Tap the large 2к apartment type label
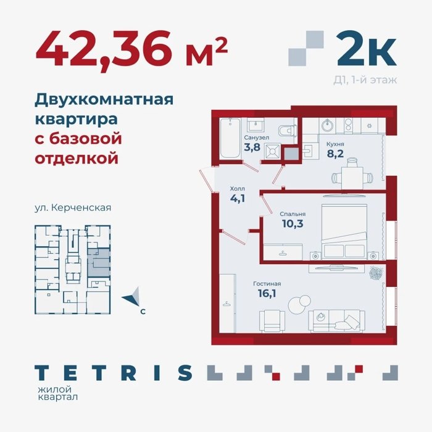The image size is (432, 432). pyautogui.click(x=367, y=48)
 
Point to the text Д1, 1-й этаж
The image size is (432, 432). pyautogui.click(x=365, y=80)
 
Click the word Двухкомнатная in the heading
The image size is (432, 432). pyautogui.click(x=104, y=100)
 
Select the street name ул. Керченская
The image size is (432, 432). pyautogui.click(x=73, y=207)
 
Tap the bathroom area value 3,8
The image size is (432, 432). pyautogui.click(x=252, y=147)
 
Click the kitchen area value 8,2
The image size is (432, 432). pyautogui.click(x=335, y=154)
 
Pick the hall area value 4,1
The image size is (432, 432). pyautogui.click(x=238, y=198)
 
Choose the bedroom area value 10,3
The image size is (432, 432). pyautogui.click(x=293, y=223)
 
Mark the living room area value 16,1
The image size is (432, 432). pyautogui.click(x=267, y=293)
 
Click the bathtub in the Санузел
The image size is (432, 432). pyautogui.click(x=231, y=138)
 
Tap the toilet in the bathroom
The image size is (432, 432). pyautogui.click(x=287, y=131)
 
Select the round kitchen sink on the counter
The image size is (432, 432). pyautogui.click(x=328, y=126)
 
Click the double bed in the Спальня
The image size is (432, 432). pyautogui.click(x=344, y=231)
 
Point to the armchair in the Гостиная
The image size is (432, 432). pyautogui.click(x=273, y=321)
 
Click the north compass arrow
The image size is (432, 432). pyautogui.click(x=131, y=297)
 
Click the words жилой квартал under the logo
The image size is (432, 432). pyautogui.click(x=57, y=393)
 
